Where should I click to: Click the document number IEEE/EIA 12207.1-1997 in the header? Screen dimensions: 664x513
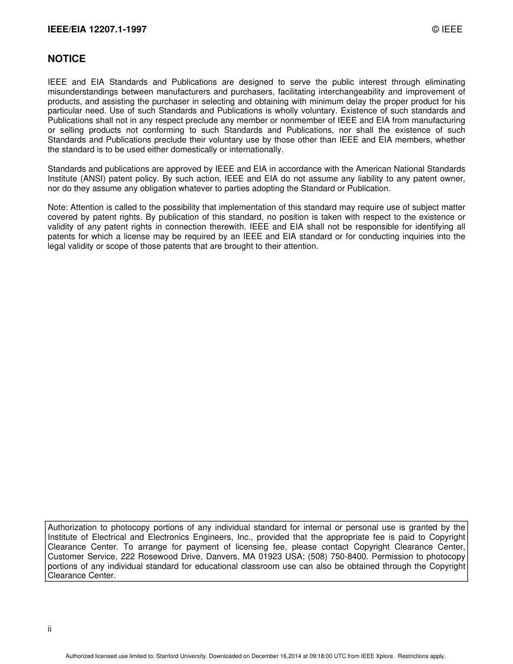tap(97, 30)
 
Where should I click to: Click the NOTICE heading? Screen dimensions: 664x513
tap(66, 59)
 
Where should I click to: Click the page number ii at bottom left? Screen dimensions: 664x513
tap(50, 629)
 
